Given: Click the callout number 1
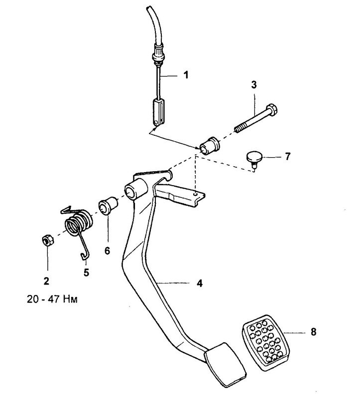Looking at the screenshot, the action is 186,75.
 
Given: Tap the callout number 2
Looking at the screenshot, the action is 46,281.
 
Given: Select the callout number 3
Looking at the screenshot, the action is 254,85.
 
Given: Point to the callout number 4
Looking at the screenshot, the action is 200,283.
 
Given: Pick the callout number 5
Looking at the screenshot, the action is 86,273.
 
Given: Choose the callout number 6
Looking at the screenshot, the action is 107,251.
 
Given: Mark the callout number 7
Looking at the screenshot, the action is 288,156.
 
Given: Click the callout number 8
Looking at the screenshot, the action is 313,332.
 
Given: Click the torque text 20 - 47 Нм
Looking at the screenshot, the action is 52,299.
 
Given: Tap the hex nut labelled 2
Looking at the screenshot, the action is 48,240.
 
